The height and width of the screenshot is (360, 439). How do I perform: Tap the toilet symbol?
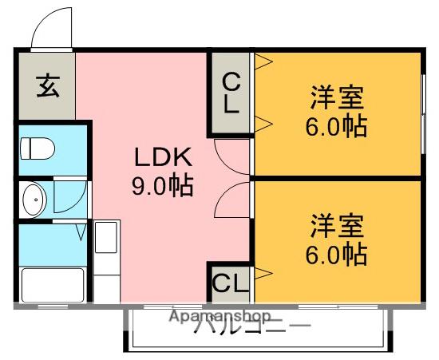tap(36, 148)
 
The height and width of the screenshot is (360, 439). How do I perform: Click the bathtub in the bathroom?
tap(51, 284)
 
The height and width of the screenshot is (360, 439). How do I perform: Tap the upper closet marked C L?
tap(230, 93)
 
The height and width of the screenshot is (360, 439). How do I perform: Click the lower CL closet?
tap(230, 282)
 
